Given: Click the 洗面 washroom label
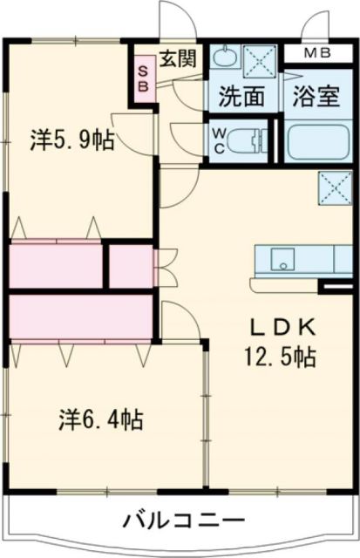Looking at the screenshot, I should (241, 97).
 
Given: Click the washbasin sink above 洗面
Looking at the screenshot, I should (225, 59).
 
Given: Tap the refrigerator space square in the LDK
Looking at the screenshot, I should (332, 185).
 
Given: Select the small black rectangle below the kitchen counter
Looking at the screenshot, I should (335, 285).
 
